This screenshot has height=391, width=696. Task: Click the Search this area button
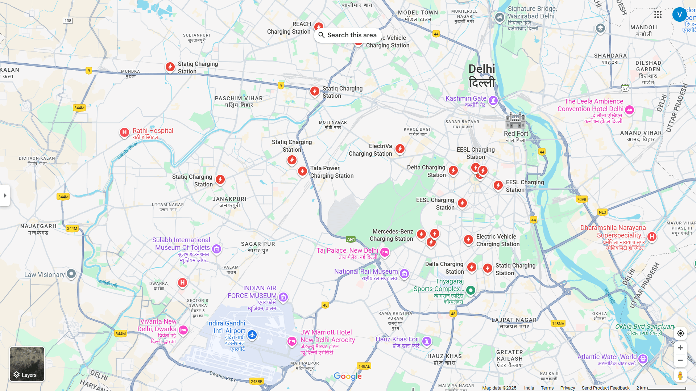[x=348, y=35]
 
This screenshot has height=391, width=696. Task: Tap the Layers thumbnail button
[x=27, y=364]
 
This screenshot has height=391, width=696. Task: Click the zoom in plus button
[x=680, y=348]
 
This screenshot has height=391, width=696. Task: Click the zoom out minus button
[x=680, y=361]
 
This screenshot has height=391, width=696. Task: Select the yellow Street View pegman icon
[x=680, y=376]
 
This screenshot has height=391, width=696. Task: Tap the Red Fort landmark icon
[x=515, y=120]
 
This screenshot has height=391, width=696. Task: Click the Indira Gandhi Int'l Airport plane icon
[x=252, y=335]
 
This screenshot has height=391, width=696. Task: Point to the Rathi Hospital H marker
[x=124, y=133]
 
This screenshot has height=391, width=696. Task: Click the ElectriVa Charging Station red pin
[x=400, y=149]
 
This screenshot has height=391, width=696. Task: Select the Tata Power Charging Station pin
[x=302, y=171]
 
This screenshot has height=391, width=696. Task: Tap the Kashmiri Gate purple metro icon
[x=493, y=100]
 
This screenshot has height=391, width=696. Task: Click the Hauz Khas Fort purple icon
[x=427, y=341]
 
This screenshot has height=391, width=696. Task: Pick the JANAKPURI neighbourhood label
[x=229, y=202]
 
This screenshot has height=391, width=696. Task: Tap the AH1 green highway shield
[x=351, y=239]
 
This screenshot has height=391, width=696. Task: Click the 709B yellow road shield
[x=581, y=199]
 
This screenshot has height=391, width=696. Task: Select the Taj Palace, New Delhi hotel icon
[x=385, y=252]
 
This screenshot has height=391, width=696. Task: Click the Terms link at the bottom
[x=547, y=388]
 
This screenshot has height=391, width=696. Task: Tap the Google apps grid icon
[x=658, y=14]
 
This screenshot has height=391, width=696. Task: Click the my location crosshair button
[x=680, y=333]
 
